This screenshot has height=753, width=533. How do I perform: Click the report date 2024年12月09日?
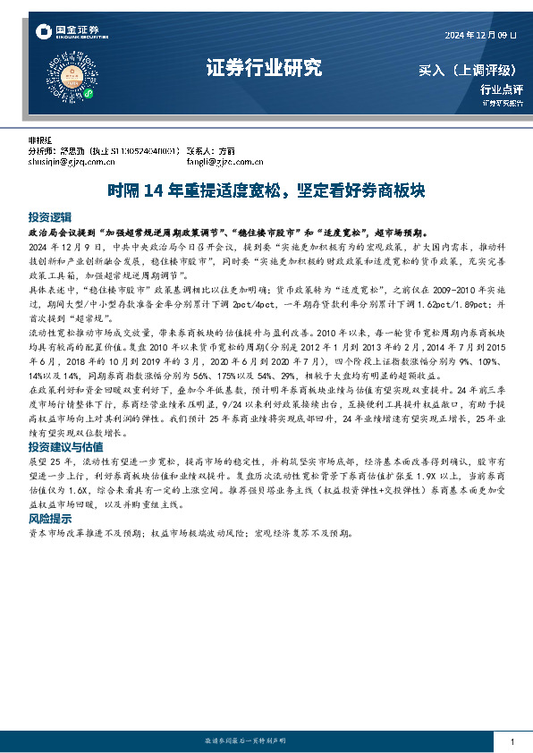[481, 34]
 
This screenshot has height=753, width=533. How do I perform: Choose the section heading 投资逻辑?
[49, 217]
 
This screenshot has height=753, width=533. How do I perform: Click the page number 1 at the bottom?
[512, 743]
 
